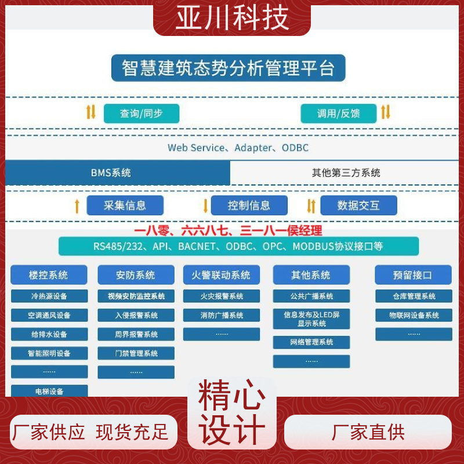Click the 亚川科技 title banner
tap(231, 18)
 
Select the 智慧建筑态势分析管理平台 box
tap(228, 68)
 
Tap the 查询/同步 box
tap(142, 113)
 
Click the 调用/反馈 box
tap(339, 113)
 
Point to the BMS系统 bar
tap(118, 172)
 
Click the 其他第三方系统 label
tap(346, 172)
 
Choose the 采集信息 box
tap(125, 205)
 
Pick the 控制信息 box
tap(249, 205)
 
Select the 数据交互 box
tap(358, 205)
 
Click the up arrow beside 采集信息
tap(77, 206)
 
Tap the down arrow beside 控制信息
tap(205, 206)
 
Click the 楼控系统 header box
tap(49, 275)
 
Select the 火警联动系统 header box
tap(222, 275)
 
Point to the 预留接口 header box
tap(413, 275)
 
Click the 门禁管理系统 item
tap(136, 353)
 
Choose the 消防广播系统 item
tap(222, 315)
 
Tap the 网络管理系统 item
tap(311, 342)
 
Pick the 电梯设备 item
tap(49, 391)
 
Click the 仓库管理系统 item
tap(414, 296)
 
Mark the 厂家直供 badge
tap(368, 432)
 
